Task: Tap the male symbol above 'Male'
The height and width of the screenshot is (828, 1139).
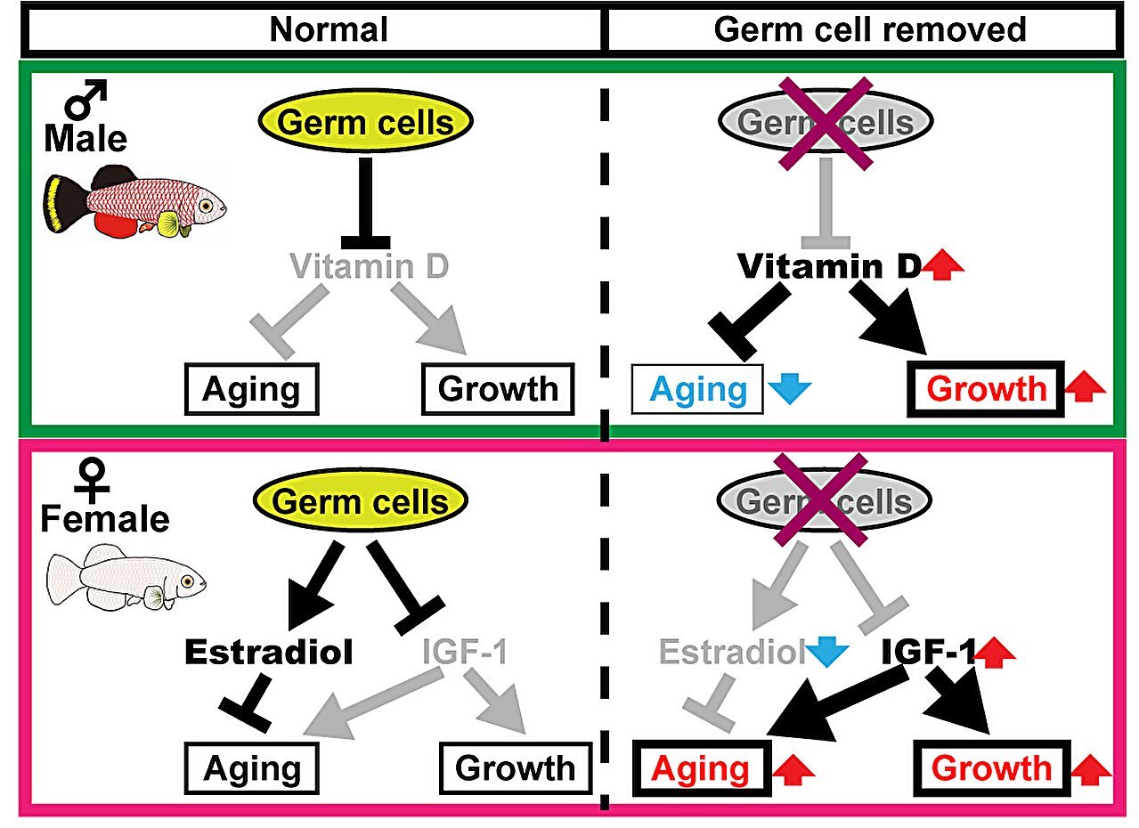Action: tap(87, 99)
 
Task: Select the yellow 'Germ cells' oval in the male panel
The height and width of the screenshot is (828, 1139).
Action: tap(364, 122)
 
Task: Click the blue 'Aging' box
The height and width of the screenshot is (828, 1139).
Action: tap(699, 389)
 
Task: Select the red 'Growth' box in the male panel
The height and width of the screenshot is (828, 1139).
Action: tap(986, 389)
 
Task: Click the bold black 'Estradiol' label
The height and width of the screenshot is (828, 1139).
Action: tap(269, 652)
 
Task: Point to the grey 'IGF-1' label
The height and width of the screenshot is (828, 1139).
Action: tap(464, 652)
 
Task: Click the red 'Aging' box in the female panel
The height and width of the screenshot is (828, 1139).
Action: tap(701, 768)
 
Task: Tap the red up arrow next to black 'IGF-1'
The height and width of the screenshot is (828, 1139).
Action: tap(995, 656)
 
